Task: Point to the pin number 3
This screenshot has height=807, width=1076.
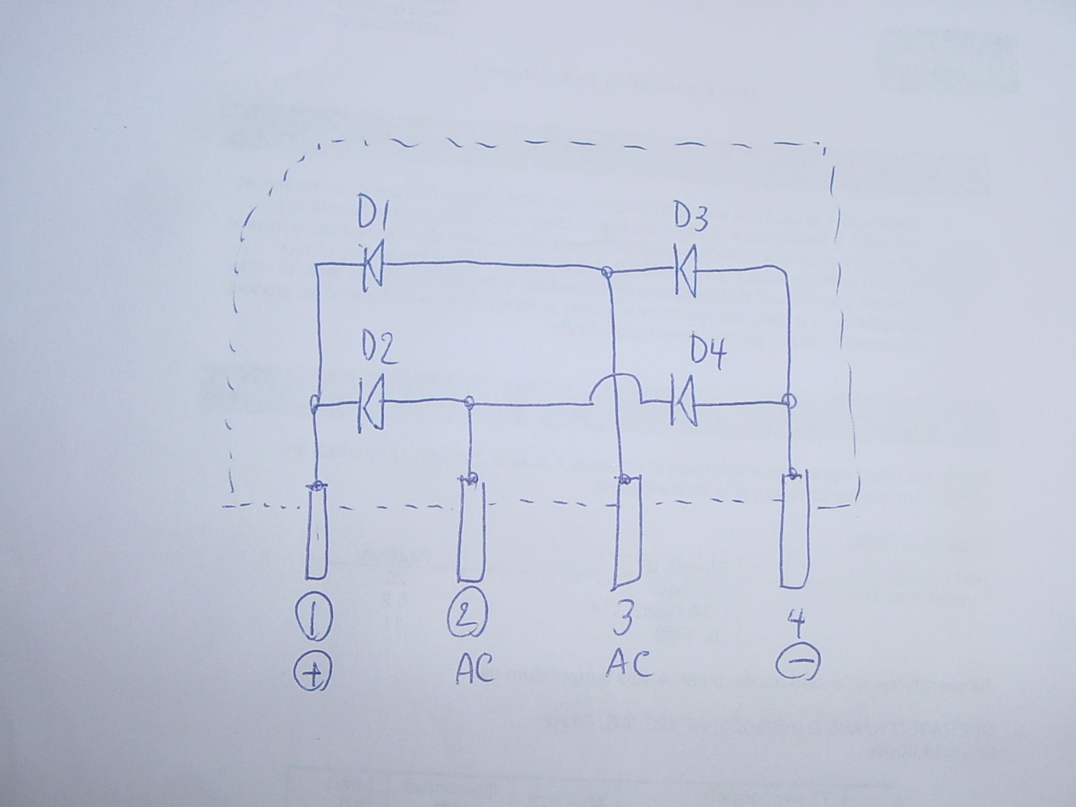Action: click(x=623, y=618)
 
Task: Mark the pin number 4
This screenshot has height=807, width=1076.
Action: click(x=796, y=622)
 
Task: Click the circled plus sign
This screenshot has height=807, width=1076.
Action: click(x=313, y=675)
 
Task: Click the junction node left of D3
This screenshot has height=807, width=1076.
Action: click(x=607, y=272)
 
